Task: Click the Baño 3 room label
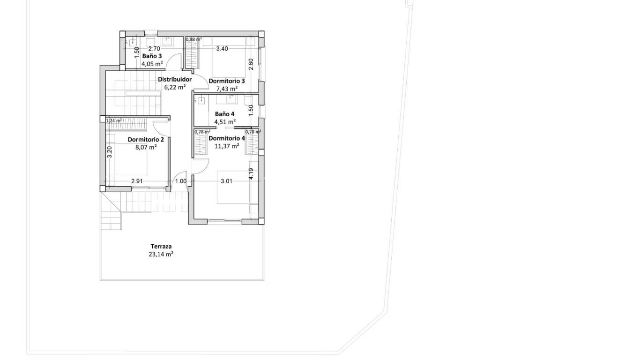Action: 152,56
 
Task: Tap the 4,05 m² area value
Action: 152,64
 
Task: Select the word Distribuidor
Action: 174,79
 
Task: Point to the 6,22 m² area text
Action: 174,87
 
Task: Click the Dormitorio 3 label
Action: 227,81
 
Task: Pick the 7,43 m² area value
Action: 227,89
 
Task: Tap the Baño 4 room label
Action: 225,114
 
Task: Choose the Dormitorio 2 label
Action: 146,139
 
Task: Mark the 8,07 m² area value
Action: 146,147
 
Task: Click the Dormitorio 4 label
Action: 227,138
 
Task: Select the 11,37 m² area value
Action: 227,146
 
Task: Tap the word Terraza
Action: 161,246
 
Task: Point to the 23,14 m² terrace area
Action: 161,254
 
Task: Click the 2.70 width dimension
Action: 154,48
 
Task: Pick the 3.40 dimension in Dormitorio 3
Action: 222,48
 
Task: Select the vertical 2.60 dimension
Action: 251,64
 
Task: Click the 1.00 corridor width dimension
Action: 180,181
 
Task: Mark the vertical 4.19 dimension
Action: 251,174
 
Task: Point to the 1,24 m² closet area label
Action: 113,120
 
